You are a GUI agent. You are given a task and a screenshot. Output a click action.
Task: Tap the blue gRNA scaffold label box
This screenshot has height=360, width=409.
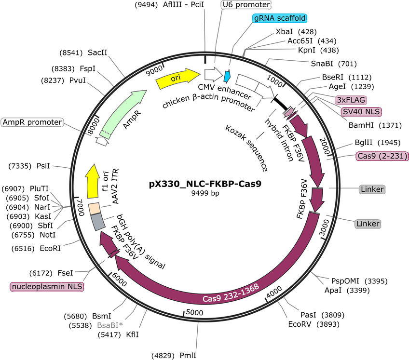tap(279, 18)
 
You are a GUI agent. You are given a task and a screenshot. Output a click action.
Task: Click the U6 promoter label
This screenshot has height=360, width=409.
tap(246, 5)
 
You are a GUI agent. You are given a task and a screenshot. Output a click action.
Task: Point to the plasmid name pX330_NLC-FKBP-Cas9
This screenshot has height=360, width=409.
tap(205, 184)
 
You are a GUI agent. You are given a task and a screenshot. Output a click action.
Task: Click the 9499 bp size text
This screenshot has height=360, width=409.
tap(205, 194)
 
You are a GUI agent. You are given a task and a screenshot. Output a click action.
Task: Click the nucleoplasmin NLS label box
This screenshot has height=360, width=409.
tap(47, 287)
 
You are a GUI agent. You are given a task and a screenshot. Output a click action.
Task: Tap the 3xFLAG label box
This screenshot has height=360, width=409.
tap(351, 100)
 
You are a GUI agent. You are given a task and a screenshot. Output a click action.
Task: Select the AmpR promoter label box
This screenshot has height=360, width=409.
tap(32, 122)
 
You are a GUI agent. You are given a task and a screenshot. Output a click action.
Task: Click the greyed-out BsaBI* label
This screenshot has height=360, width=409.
tap(109, 325)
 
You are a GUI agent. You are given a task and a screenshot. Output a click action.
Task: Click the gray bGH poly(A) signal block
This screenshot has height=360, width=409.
tap(98, 222)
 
